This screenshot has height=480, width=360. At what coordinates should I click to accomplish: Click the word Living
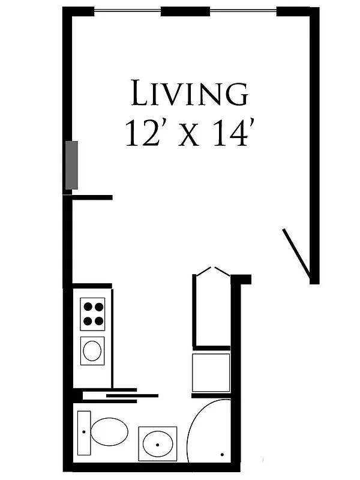pyautogui.click(x=189, y=95)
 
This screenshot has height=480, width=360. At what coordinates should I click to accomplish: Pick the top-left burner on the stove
pyautogui.click(x=87, y=307)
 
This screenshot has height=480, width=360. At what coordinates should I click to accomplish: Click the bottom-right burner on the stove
pyautogui.click(x=98, y=321)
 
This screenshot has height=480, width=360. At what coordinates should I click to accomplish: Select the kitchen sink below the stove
pyautogui.click(x=92, y=350)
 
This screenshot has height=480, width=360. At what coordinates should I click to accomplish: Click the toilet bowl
pyautogui.click(x=110, y=431)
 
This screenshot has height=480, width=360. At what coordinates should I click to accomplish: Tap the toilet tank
pyautogui.click(x=84, y=432)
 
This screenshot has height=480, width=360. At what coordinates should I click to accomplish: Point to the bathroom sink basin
pyautogui.click(x=157, y=443)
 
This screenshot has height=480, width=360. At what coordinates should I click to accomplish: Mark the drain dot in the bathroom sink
pyautogui.click(x=157, y=445)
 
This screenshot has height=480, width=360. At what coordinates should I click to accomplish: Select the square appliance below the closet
pyautogui.click(x=211, y=372)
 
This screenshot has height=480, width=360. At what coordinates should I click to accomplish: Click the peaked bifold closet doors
pyautogui.click(x=211, y=272)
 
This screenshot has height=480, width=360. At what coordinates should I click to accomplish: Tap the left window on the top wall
pyautogui.click(x=127, y=11)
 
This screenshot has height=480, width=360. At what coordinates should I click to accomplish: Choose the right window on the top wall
pyautogui.click(x=242, y=11)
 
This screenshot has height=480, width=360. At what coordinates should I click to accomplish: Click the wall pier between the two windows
pyautogui.click(x=185, y=11)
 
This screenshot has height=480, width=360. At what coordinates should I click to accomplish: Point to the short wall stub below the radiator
pyautogui.click(x=91, y=197)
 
